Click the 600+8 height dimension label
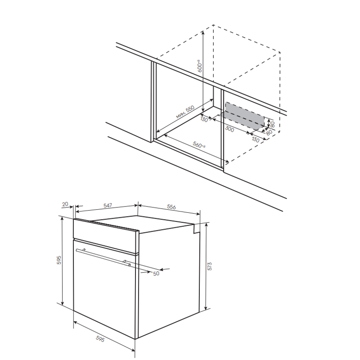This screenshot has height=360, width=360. pos(200,66)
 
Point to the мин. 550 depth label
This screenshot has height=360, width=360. pos(185,112)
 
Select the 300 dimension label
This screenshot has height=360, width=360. pos(229,129)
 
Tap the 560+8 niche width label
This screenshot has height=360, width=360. pos(199,144)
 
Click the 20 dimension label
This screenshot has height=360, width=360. pos(65,204)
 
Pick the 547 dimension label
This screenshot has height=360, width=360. pos(108,205)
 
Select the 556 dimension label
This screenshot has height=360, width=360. pos(171,207)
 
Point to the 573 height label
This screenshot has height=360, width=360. pos(209,266)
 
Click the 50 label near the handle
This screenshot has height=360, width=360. pos(156,274)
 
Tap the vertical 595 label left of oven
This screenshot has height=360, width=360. pos(59,260)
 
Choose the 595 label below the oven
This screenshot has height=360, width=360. pos(100,339)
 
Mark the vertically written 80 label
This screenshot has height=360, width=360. pos(273,125)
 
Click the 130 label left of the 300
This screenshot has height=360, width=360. pos(204,119)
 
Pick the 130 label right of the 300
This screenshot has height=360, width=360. pos(256,139)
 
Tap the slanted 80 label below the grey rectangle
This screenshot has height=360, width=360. pos(269,132)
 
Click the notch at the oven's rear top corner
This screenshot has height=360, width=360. pos(196,229)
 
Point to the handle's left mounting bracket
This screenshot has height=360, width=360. pos(84,250)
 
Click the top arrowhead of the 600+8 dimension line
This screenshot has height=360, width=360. pos(203,32)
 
